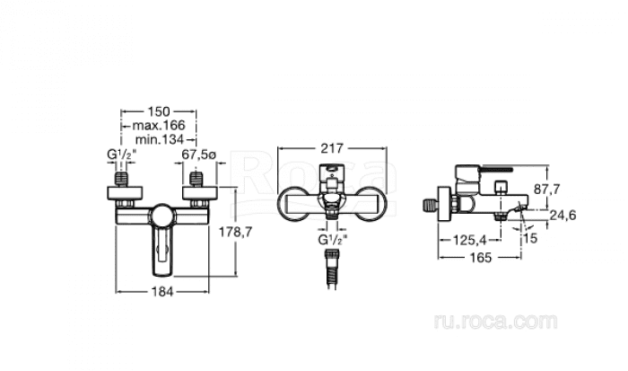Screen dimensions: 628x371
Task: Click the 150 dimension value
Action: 159,111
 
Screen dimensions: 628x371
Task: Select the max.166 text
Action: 159,126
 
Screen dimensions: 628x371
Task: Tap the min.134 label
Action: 160,139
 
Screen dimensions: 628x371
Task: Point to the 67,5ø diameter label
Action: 198,155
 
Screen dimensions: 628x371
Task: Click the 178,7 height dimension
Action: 235,232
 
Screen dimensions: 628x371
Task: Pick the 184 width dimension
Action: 162,292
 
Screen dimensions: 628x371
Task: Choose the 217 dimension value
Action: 332,148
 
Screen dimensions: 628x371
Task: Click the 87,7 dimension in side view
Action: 547,189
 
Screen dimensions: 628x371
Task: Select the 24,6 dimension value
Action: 563,216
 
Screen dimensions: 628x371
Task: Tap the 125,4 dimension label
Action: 469,240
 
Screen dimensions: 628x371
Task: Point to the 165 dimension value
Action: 480,257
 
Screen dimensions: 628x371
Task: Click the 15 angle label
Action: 530,238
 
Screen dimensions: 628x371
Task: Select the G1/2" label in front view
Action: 122,155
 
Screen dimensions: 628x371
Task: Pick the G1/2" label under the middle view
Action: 333,240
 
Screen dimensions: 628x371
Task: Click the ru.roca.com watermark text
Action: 495,322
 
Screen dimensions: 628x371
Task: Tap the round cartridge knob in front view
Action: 162,216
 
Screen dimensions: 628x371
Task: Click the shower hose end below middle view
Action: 332,269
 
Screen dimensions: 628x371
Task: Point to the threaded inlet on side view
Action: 430,205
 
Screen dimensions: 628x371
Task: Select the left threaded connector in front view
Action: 122,179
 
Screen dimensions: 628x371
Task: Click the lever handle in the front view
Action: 162,252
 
